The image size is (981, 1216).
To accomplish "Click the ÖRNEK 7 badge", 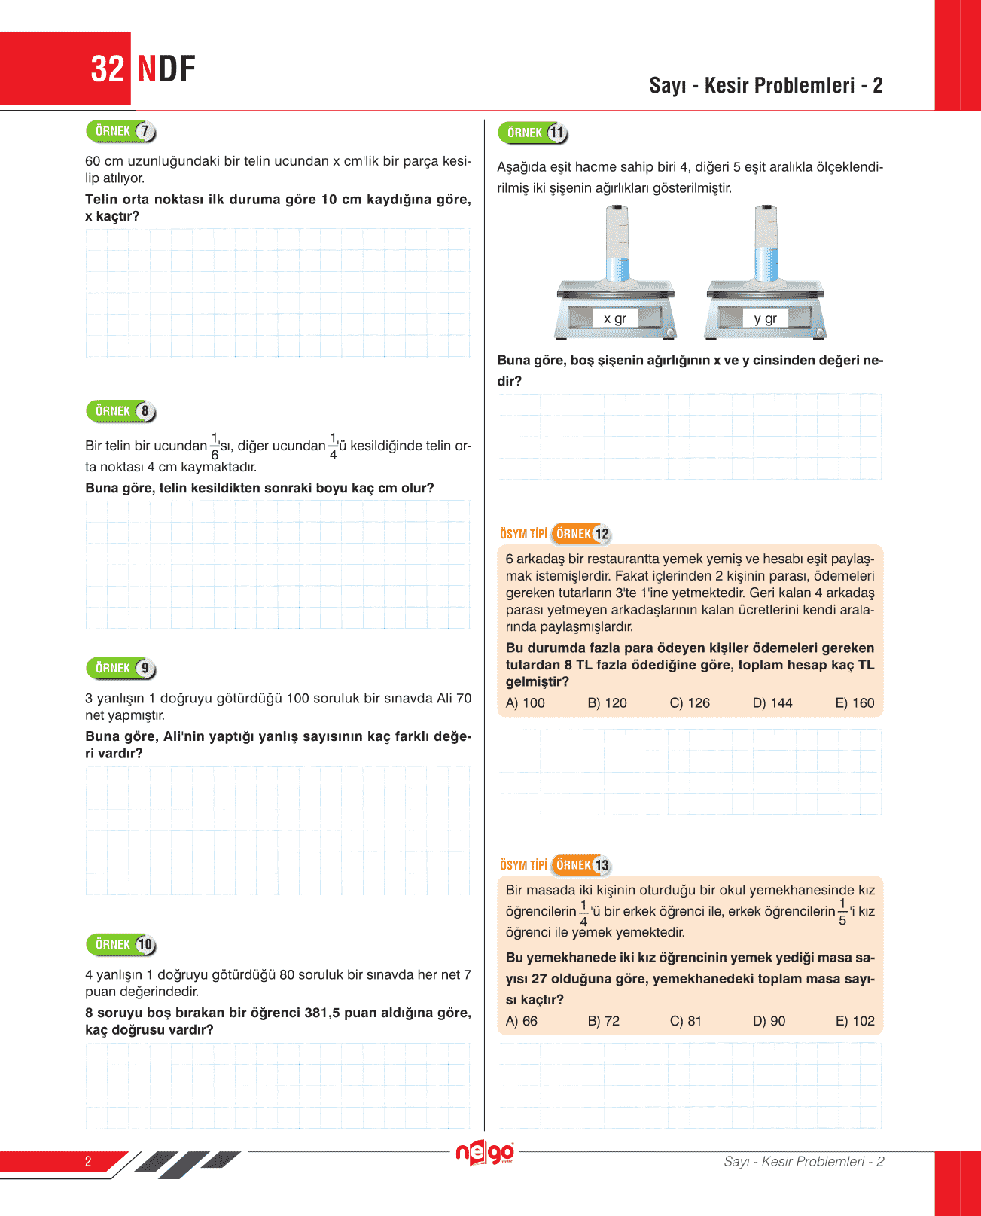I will click(x=120, y=131).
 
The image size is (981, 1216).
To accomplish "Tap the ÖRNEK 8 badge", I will click(x=120, y=411).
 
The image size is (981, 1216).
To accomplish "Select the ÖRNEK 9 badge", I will click(x=120, y=668).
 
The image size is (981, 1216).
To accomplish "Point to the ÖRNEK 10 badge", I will click(x=120, y=944).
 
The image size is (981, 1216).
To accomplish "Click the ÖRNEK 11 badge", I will click(x=532, y=133).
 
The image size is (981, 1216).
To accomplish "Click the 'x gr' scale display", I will click(x=614, y=318).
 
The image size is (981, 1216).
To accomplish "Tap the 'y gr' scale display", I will click(x=765, y=318).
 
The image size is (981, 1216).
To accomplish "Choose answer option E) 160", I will click(x=855, y=702).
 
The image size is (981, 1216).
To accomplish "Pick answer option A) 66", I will click(x=522, y=1021).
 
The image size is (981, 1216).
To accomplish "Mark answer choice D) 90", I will click(x=769, y=1021).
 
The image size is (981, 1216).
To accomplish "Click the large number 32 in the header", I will click(x=107, y=69).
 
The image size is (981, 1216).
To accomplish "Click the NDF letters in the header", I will click(x=166, y=69).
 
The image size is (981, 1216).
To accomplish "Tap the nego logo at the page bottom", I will click(x=485, y=1153).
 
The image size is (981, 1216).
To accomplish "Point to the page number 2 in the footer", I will click(x=88, y=1161).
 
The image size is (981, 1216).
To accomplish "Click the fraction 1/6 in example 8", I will click(x=215, y=446).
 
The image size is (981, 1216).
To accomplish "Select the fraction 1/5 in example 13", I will click(x=842, y=911).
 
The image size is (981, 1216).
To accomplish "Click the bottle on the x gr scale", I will click(x=617, y=245).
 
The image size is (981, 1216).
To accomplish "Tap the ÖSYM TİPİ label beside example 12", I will click(x=523, y=534).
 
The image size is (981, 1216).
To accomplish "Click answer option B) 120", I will click(x=607, y=702).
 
